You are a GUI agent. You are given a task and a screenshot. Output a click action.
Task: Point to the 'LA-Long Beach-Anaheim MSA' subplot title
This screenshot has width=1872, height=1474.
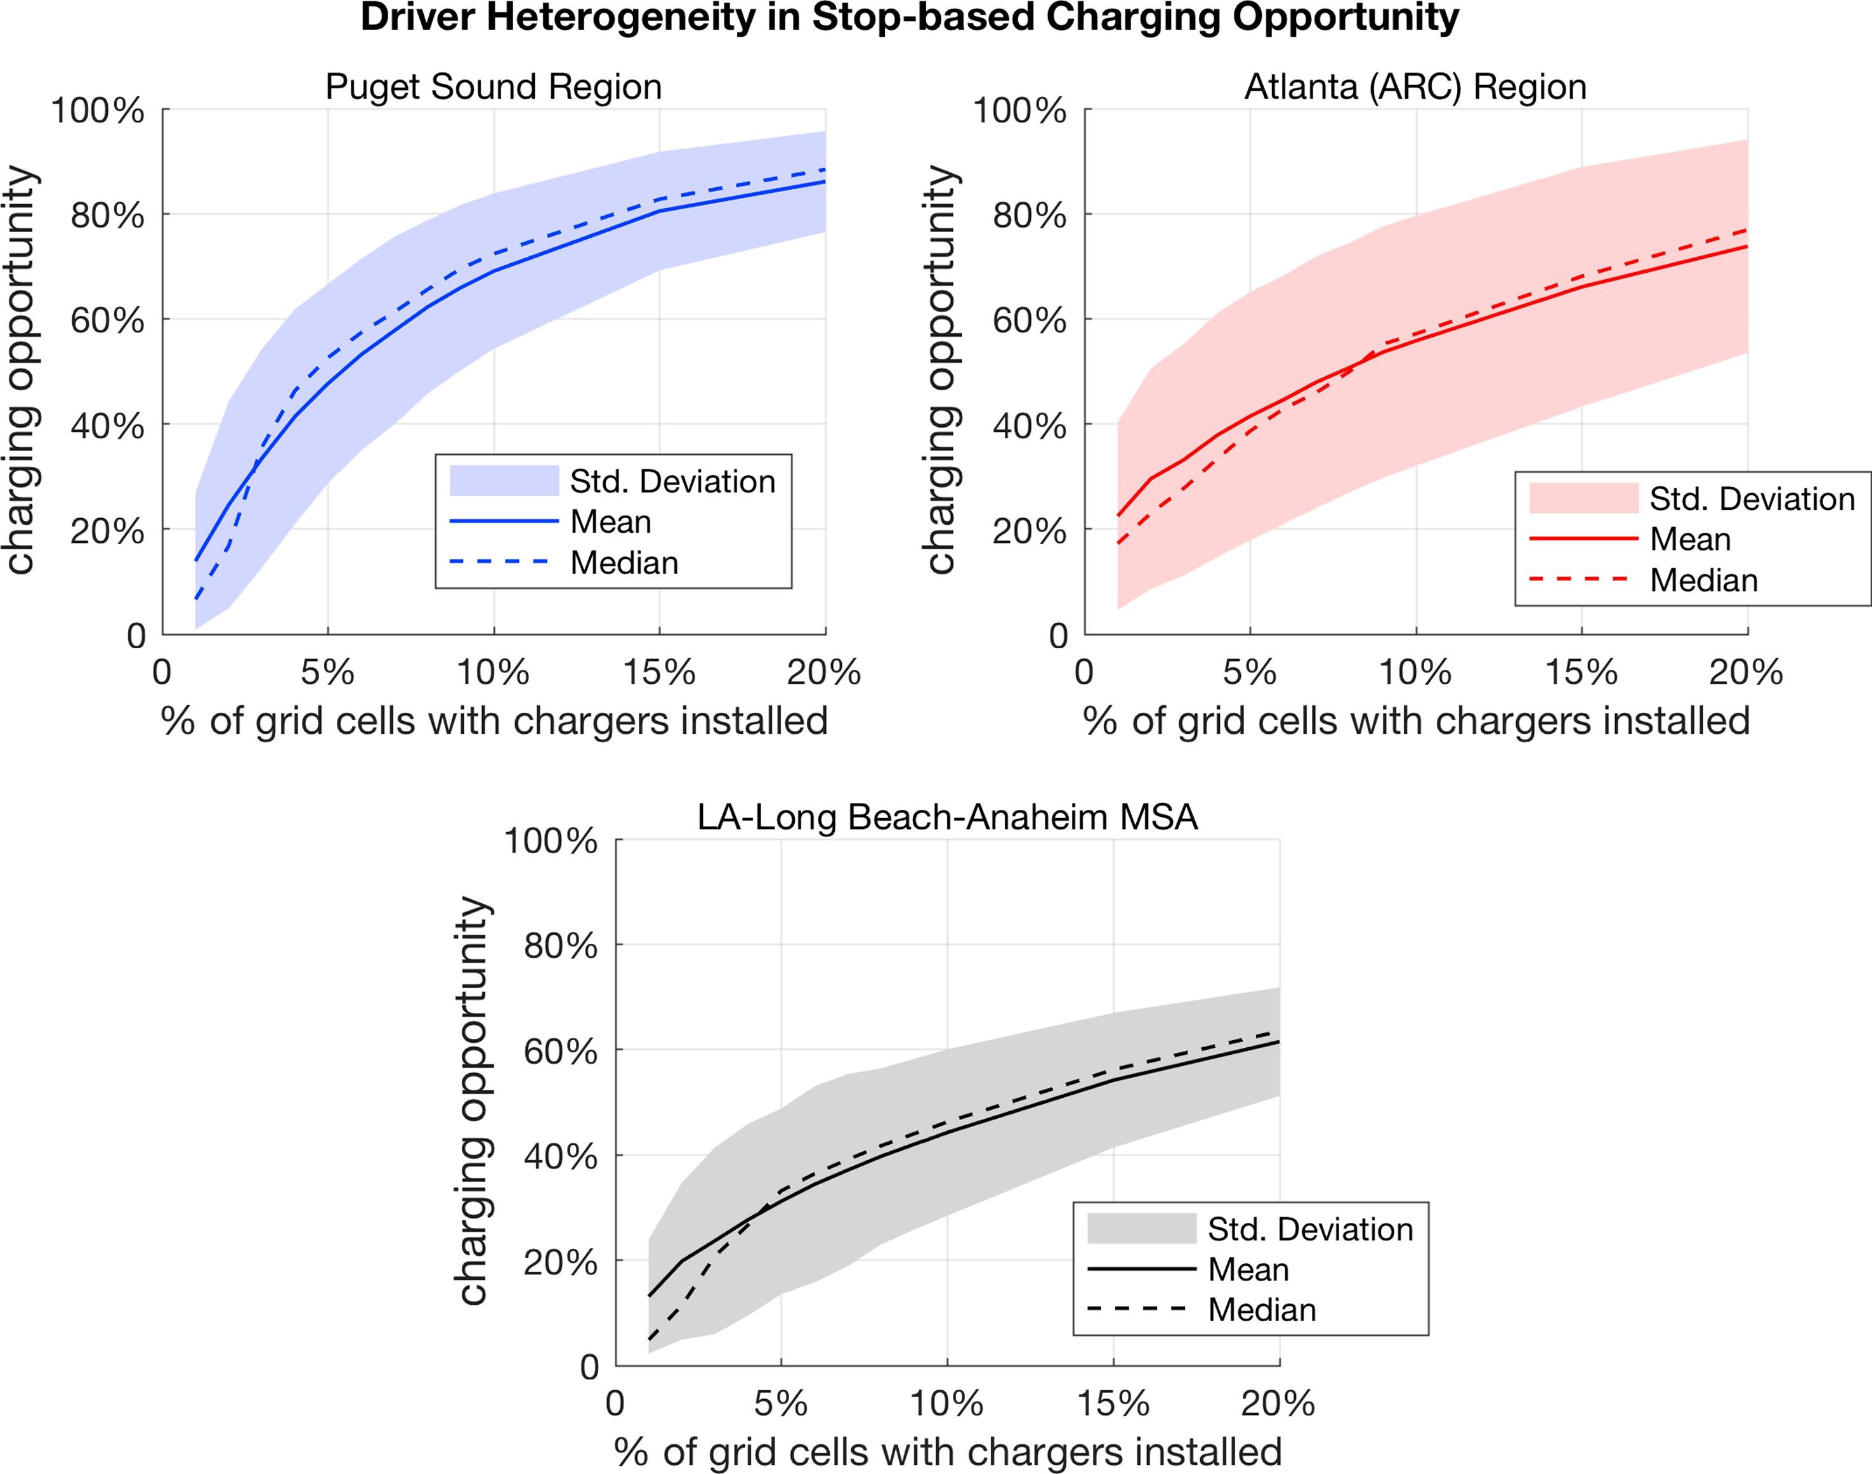click(x=948, y=816)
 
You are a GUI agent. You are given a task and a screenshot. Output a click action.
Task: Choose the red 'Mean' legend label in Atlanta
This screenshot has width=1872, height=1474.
click(x=1690, y=539)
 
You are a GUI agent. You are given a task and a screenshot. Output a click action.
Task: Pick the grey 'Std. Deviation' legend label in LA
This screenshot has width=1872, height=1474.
click(x=1310, y=1229)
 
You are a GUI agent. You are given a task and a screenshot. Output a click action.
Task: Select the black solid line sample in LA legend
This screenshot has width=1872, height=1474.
click(x=1141, y=1270)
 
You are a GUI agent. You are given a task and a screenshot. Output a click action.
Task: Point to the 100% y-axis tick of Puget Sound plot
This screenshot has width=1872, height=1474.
click(x=98, y=110)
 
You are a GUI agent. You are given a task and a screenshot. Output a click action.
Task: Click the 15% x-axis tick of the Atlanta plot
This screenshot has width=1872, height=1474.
click(x=1581, y=672)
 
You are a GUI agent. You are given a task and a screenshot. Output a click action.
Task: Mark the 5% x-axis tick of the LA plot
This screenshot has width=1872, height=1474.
click(x=781, y=1403)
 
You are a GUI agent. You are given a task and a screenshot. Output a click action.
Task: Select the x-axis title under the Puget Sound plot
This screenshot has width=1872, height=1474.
click(x=494, y=721)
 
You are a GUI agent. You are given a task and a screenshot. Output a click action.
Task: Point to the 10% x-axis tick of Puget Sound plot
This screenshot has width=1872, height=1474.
click(x=493, y=672)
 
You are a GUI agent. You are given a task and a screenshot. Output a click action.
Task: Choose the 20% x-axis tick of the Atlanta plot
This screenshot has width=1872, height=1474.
click(x=1746, y=672)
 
